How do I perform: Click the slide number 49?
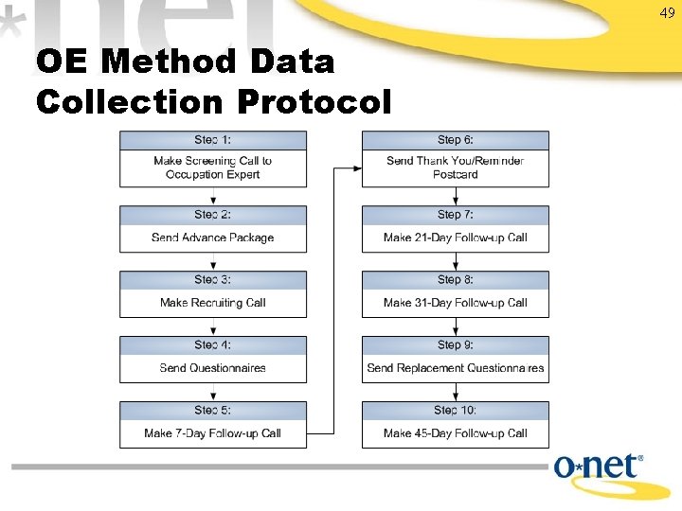click(667, 12)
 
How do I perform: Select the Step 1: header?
click(213, 140)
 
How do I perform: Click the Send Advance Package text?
click(213, 238)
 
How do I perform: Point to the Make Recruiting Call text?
click(213, 303)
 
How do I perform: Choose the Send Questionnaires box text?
click(213, 368)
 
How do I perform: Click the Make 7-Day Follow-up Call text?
click(213, 433)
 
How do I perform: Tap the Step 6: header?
click(456, 140)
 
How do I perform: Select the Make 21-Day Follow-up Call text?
click(456, 238)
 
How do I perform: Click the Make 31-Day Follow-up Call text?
click(456, 303)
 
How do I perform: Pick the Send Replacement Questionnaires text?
click(456, 368)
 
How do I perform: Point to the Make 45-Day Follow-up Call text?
click(456, 433)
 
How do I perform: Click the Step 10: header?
click(456, 410)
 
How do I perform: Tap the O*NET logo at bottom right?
click(599, 468)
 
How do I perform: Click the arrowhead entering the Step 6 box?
click(356, 168)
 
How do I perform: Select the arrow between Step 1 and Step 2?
click(213, 196)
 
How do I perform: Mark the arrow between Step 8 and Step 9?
click(456, 326)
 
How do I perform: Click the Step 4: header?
click(213, 344)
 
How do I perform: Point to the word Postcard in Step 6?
click(456, 174)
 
